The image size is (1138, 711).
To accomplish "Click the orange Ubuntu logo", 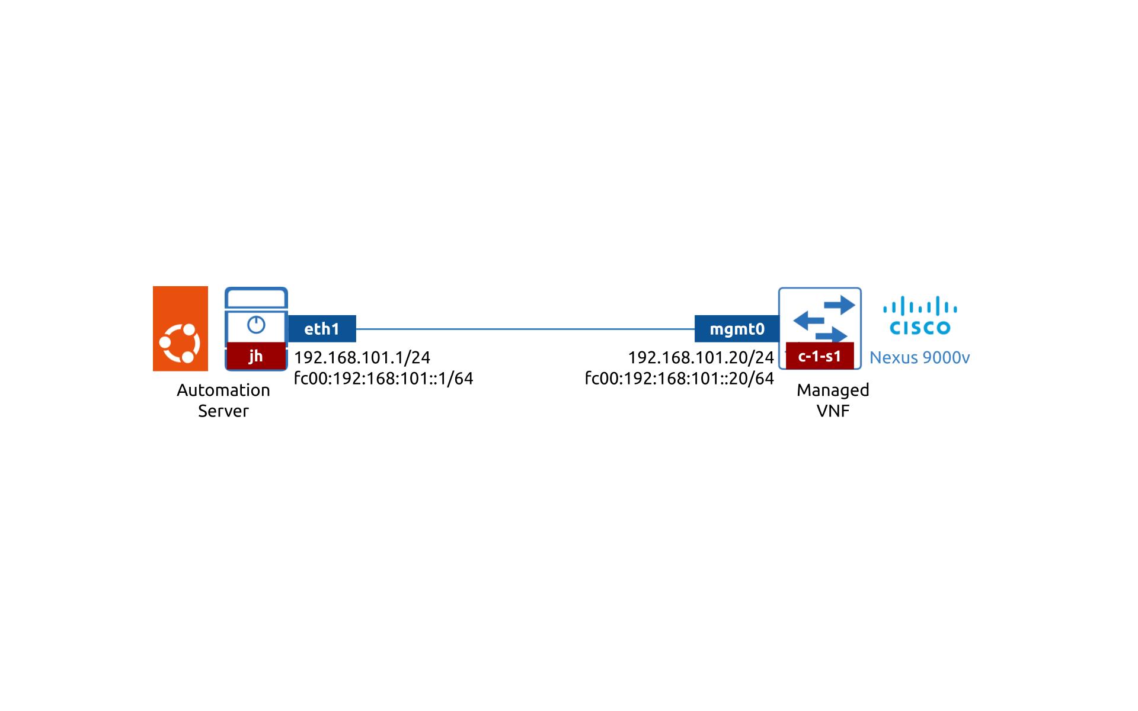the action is point(180,328).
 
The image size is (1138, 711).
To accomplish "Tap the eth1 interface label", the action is point(322,329).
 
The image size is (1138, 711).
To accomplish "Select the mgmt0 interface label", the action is point(737,329).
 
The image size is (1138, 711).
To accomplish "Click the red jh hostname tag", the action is point(256,355).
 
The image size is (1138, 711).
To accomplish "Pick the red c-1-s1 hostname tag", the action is point(820,355).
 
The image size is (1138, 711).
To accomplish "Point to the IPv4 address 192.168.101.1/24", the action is point(362,357).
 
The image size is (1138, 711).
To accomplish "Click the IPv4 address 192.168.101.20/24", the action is point(701,357).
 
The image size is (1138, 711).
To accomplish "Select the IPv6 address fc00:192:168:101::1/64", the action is point(383,378).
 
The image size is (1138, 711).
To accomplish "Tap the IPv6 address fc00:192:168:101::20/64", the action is point(679,378).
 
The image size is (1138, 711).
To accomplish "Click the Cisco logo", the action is point(920,316).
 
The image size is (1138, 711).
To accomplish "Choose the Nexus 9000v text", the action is point(919,357).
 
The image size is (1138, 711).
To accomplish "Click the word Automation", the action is point(223,390).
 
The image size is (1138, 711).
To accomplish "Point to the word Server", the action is point(223,411).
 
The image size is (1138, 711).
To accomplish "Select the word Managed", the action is point(833,390).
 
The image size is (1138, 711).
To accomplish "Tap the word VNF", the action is point(833,411).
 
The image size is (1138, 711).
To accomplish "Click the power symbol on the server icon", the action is point(256,325).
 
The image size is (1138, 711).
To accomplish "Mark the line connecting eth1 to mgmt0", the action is point(525,329).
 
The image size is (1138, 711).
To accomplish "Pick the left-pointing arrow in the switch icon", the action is point(809,321).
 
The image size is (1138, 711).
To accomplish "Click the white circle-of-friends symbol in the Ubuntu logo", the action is point(180,343).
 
